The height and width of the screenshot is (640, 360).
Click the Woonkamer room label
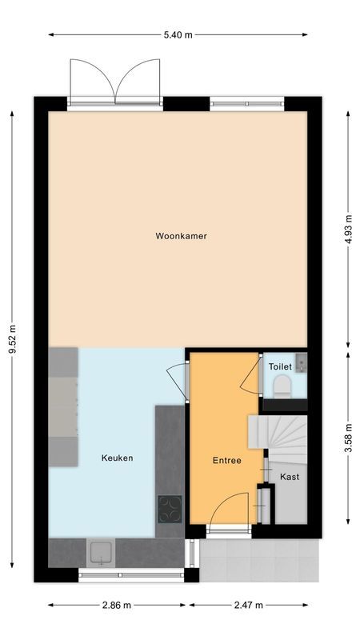176,236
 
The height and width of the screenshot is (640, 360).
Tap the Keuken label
117,458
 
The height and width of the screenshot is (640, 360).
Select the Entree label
226,461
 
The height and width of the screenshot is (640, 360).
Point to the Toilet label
280,366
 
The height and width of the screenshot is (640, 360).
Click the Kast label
290,477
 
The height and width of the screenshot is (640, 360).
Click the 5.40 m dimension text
178,35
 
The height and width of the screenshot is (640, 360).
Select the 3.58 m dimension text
348,439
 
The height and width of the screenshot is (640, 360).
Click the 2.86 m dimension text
117,606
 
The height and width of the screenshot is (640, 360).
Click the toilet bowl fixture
282,389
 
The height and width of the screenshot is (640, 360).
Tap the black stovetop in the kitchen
169,509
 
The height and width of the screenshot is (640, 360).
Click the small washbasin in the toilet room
300,364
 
